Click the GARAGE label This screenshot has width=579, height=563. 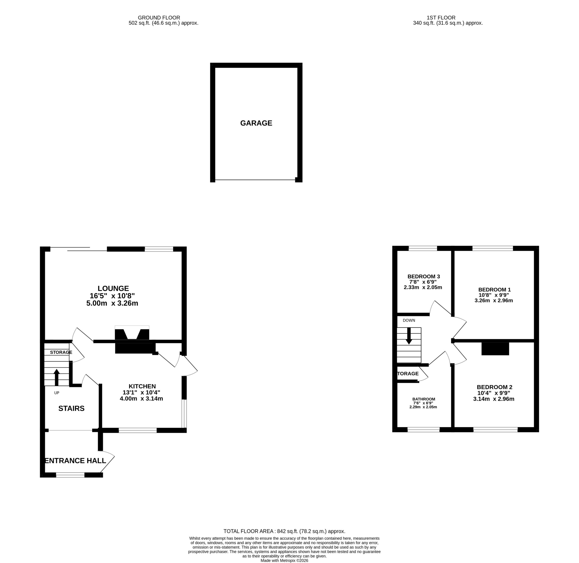pos(256,123)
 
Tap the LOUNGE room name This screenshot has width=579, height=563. pos(113,288)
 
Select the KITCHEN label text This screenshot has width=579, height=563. pos(142,386)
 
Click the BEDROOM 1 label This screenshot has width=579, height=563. pos(494,290)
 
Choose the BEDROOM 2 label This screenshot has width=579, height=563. pos(494,387)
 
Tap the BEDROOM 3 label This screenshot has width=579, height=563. pos(423,276)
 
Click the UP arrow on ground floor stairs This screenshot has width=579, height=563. pos(57,377)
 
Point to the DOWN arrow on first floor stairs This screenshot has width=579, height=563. pos(409,336)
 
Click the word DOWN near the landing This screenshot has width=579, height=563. pos(409,321)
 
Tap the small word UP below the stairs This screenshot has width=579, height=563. pos(57,393)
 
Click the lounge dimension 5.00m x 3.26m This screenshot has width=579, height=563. pos(112,303)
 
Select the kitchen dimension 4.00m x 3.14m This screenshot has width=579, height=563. pos(141,399)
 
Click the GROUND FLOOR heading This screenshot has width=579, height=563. pos(159,18)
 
